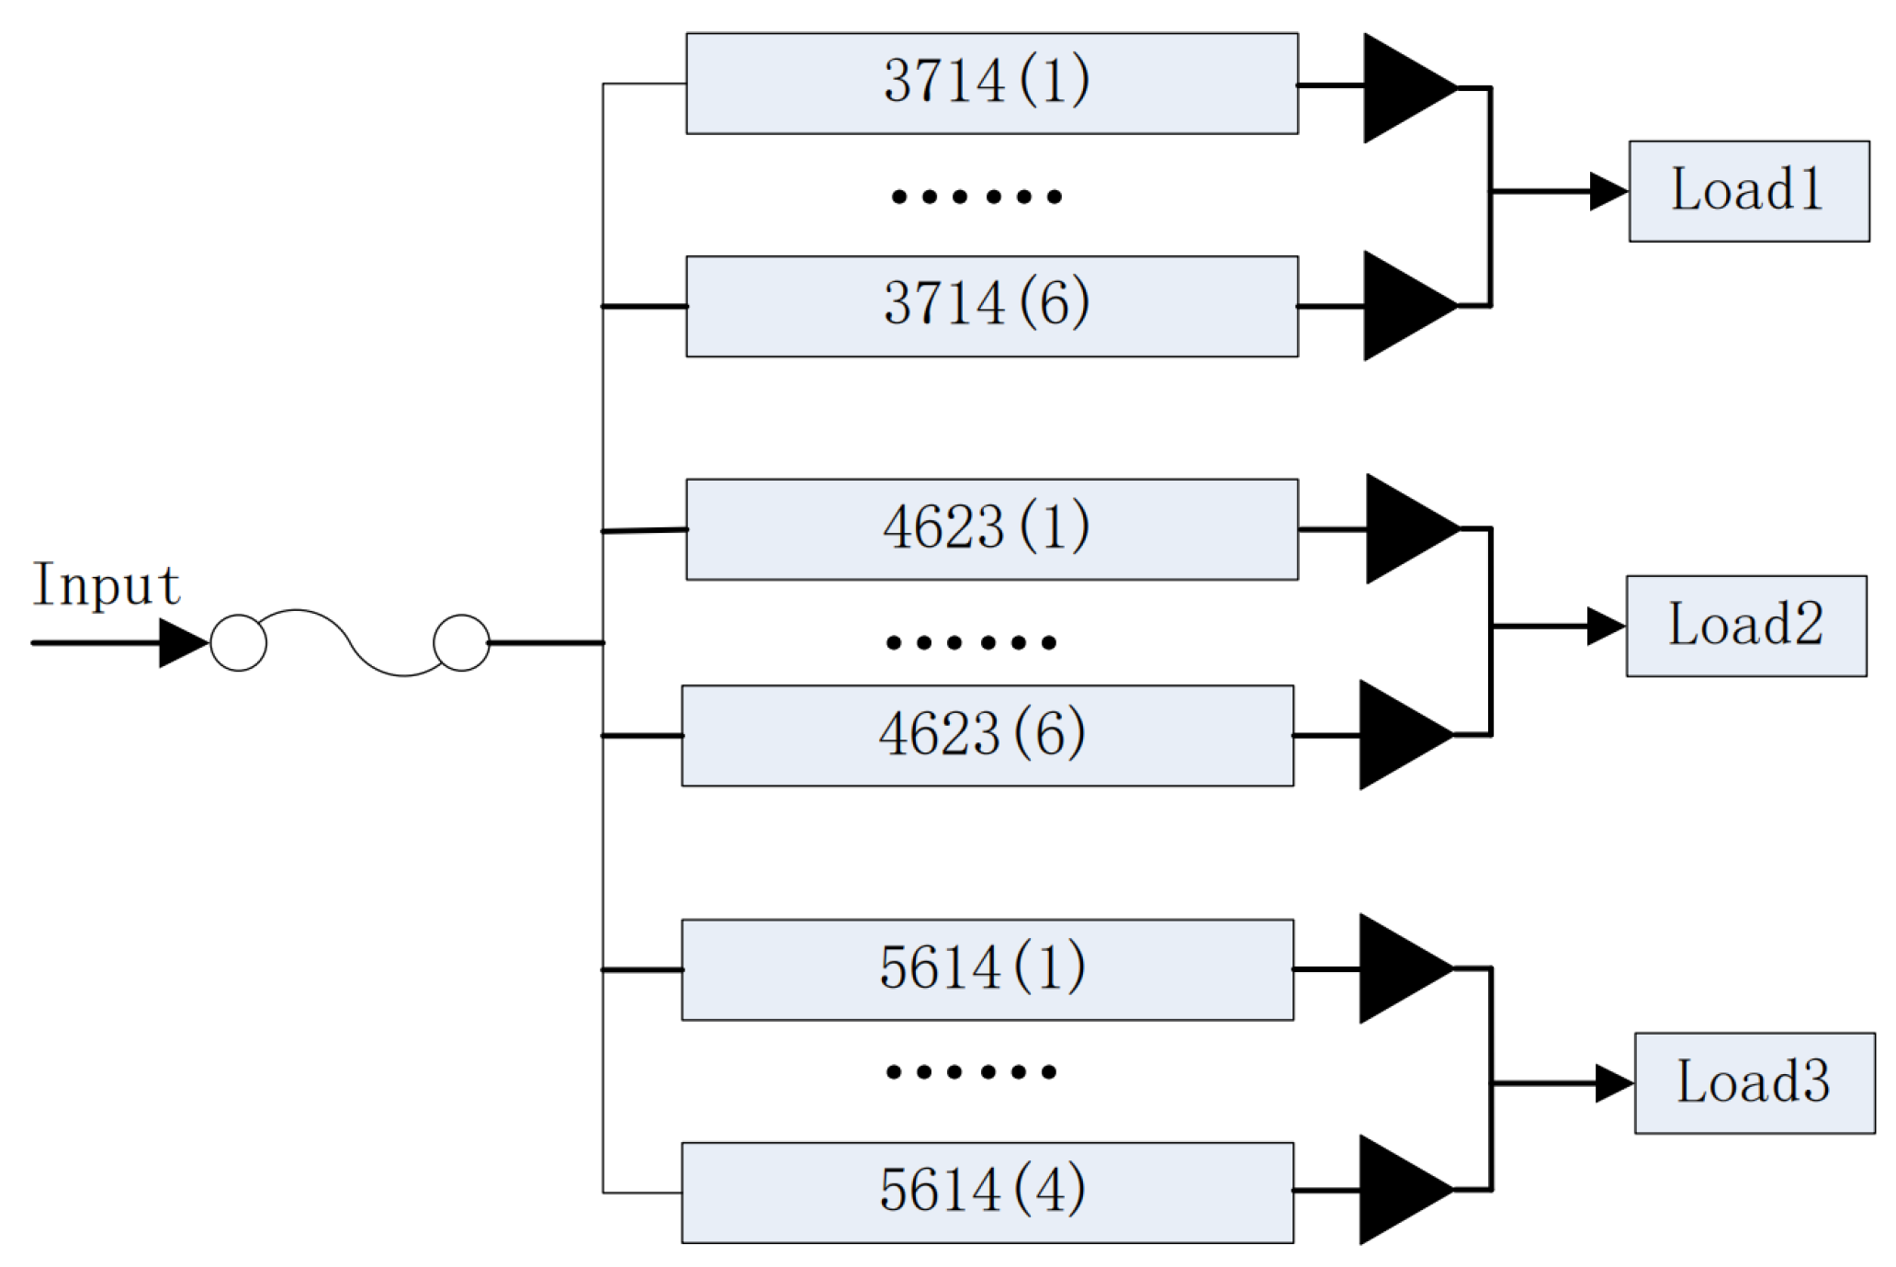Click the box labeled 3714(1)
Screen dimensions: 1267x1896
[x=991, y=84]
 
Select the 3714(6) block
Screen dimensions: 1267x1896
[x=991, y=306]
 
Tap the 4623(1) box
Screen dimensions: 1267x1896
[x=991, y=529]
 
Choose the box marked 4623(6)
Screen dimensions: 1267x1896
[x=987, y=735]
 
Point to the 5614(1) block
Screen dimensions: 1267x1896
[x=987, y=969]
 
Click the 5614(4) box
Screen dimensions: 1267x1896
[x=987, y=1193]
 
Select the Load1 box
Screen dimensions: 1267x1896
[x=1748, y=191]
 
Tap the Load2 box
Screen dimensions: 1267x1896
[x=1745, y=626]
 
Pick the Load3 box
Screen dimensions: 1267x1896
[x=1754, y=1082]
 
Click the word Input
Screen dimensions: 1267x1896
[x=106, y=584]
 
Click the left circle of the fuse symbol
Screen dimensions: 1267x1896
[x=239, y=643]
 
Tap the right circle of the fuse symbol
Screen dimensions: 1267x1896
[x=461, y=643]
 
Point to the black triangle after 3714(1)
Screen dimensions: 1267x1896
[x=1403, y=87]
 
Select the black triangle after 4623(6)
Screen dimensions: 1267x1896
[x=1399, y=735]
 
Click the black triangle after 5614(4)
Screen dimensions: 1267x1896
[x=1399, y=1190]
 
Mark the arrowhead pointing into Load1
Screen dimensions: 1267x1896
[x=1608, y=191]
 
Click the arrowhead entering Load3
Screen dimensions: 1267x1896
[x=1613, y=1083]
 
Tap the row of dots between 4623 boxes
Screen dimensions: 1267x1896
[x=971, y=642]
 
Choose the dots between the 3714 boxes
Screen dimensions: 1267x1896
[x=976, y=197]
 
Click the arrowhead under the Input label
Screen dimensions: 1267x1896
[x=181, y=643]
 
